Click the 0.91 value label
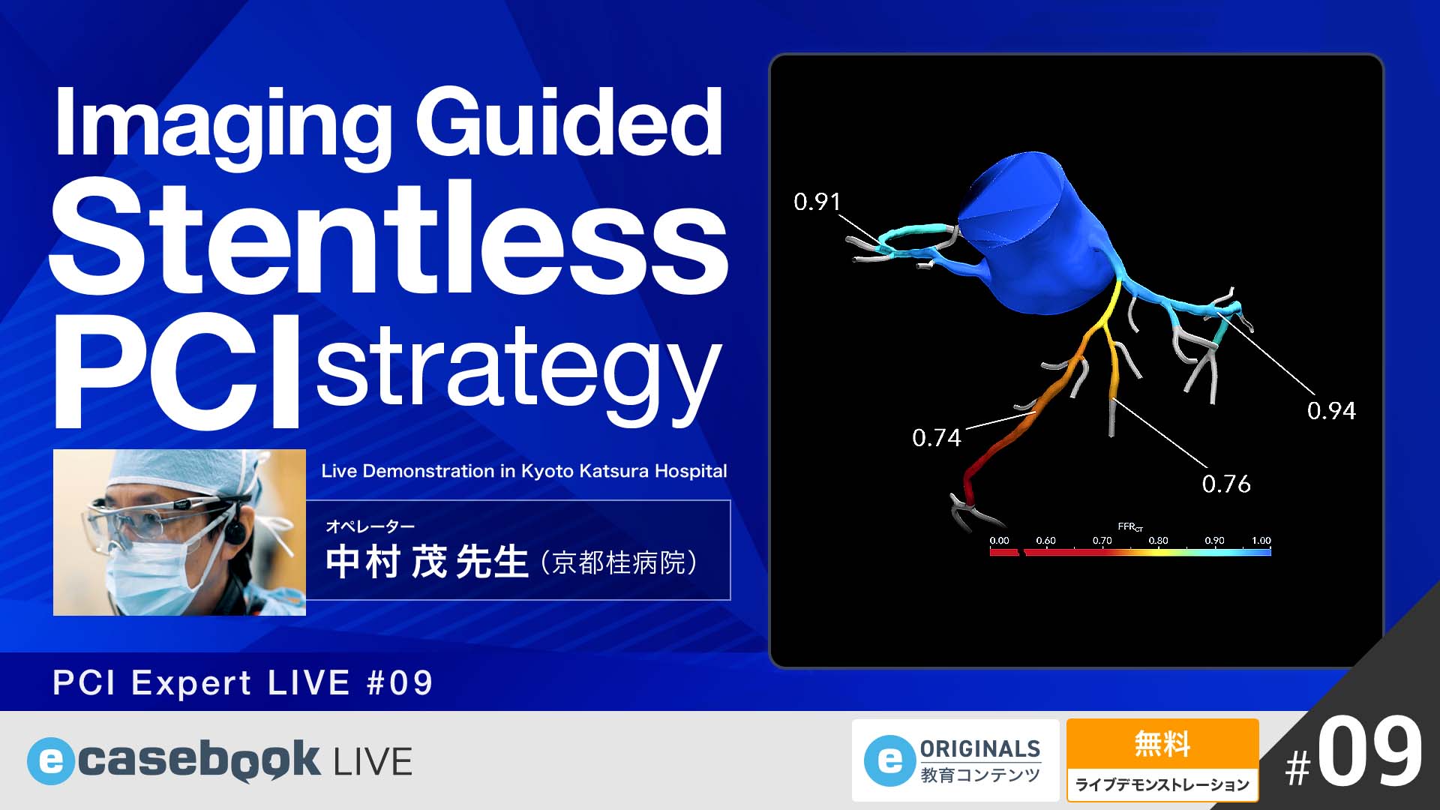(817, 202)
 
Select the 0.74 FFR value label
(936, 438)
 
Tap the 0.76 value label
(1225, 484)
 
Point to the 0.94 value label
(1330, 411)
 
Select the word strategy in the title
(517, 371)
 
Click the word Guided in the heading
(568, 124)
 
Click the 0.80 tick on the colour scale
(1158, 541)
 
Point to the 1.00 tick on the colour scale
(1261, 541)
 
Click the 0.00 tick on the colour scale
(999, 541)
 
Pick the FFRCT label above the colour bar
(1129, 527)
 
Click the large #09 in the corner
(1354, 754)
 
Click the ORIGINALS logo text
(979, 749)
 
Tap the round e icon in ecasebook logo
(50, 762)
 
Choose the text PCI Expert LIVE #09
(243, 683)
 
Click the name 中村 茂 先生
(427, 562)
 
